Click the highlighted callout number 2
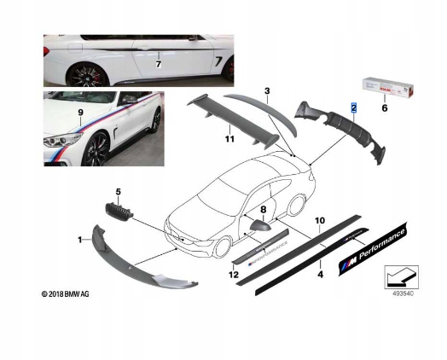pos(354,107)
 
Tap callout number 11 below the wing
pos(229,139)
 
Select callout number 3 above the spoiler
pos(267,91)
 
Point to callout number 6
pos(385,108)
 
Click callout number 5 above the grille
pos(119,192)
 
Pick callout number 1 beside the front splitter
pos(80,240)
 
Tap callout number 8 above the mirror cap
pos(263,210)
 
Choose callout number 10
pos(320,220)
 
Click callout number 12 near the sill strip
pos(233,275)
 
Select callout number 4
pos(321,275)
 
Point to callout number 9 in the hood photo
pos(81,113)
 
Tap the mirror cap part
pos(260,225)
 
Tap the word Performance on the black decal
pos(382,245)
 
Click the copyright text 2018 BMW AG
pos(66,293)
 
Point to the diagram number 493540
pos(403,293)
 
